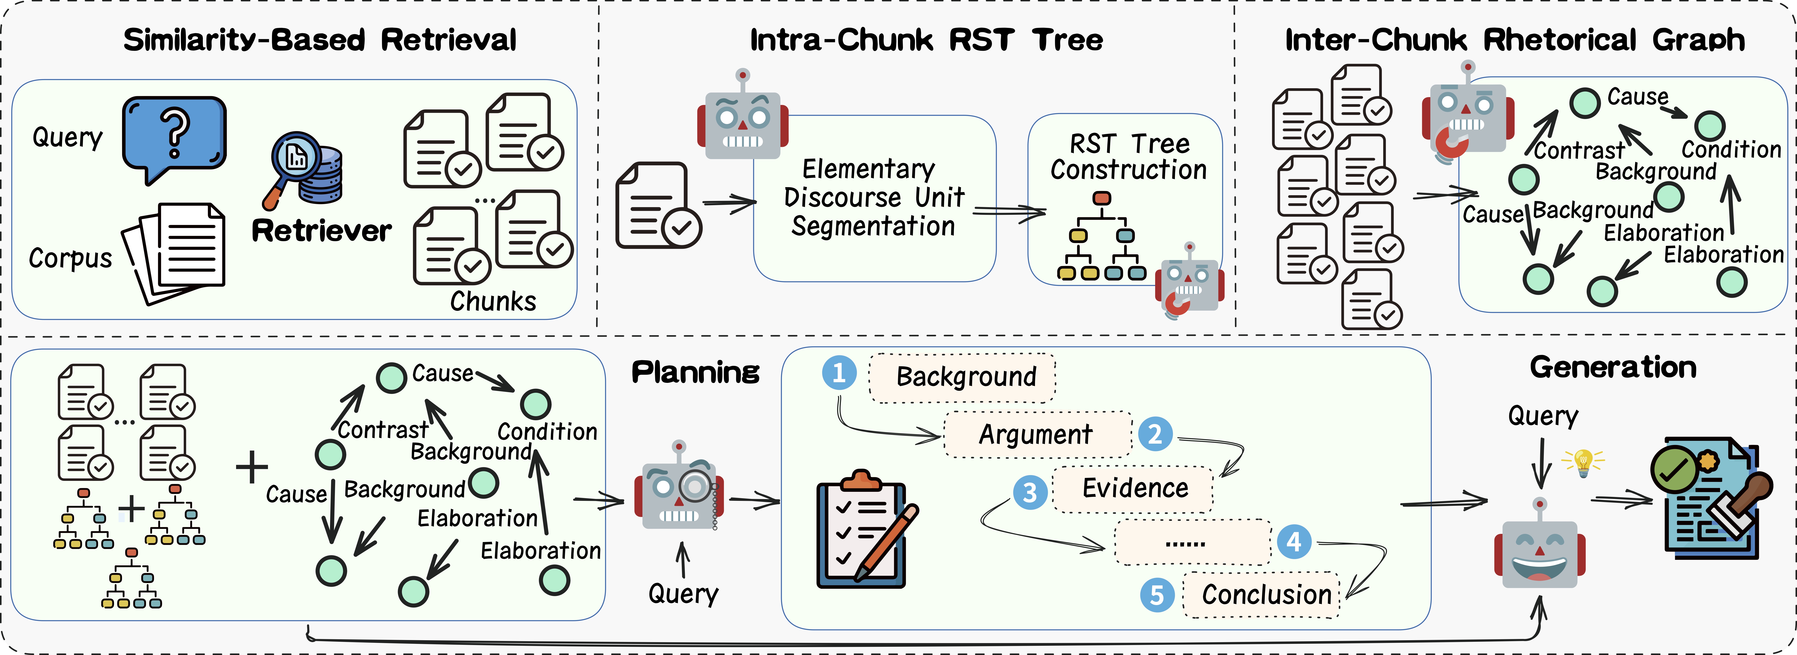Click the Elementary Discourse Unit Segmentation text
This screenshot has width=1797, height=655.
[x=873, y=197]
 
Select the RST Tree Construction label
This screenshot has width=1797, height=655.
[x=1129, y=157]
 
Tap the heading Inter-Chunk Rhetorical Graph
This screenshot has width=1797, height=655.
[x=1515, y=40]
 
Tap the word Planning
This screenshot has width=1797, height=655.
[x=695, y=372]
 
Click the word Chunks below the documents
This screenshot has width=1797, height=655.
[x=493, y=301]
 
